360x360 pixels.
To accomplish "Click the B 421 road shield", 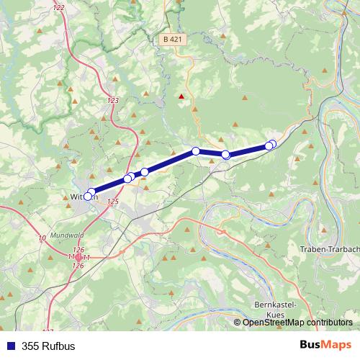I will click(x=172, y=39).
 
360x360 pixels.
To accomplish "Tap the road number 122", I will click(x=58, y=7).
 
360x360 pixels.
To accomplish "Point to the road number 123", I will click(x=112, y=100).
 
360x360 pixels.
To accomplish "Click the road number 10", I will click(x=42, y=238).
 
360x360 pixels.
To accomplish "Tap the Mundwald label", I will click(x=68, y=235).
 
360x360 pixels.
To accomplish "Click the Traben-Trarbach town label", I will click(x=328, y=249).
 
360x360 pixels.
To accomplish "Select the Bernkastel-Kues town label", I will click(x=276, y=310).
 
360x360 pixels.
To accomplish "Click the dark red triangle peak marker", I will click(x=181, y=96).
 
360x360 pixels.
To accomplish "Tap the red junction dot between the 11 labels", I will click(x=78, y=257).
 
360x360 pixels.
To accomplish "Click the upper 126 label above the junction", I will click(x=78, y=249).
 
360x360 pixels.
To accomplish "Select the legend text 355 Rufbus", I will click(x=48, y=346).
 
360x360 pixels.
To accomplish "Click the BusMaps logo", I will click(x=325, y=345).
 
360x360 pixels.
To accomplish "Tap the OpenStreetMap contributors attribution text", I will click(x=297, y=323).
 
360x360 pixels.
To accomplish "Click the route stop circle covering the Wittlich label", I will click(x=89, y=196).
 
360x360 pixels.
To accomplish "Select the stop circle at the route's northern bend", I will click(x=196, y=151).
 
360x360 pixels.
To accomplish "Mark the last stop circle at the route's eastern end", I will click(x=272, y=144).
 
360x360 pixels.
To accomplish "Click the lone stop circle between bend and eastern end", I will click(x=225, y=155).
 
